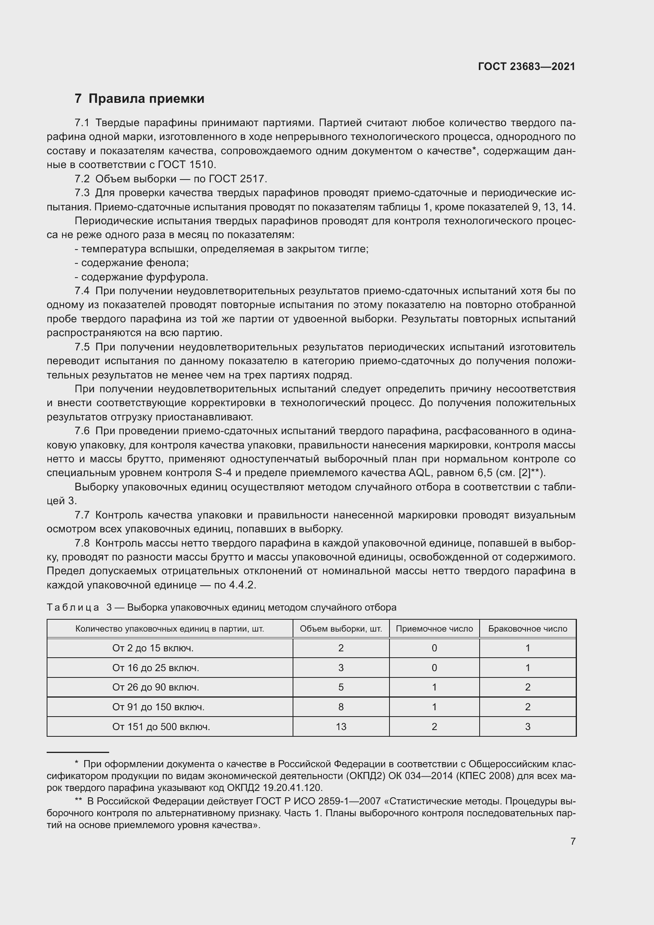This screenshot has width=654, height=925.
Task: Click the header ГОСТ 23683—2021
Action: [526, 66]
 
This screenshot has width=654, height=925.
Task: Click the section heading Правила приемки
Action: [146, 99]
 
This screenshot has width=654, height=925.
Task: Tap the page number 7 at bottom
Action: [573, 841]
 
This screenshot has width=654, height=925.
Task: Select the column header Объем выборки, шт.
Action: [341, 629]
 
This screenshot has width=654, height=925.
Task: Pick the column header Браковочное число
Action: [527, 629]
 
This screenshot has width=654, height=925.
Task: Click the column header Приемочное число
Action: [434, 629]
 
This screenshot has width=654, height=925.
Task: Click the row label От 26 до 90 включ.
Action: [155, 687]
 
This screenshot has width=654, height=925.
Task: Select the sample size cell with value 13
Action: [341, 727]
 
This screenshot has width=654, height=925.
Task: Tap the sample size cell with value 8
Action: [341, 707]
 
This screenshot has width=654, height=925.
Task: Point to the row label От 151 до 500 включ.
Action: [161, 727]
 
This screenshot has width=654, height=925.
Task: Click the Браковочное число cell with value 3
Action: [527, 727]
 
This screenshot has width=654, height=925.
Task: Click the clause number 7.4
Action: [82, 291]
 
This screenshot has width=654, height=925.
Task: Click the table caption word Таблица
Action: [73, 607]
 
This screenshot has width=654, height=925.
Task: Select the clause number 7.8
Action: [82, 543]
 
